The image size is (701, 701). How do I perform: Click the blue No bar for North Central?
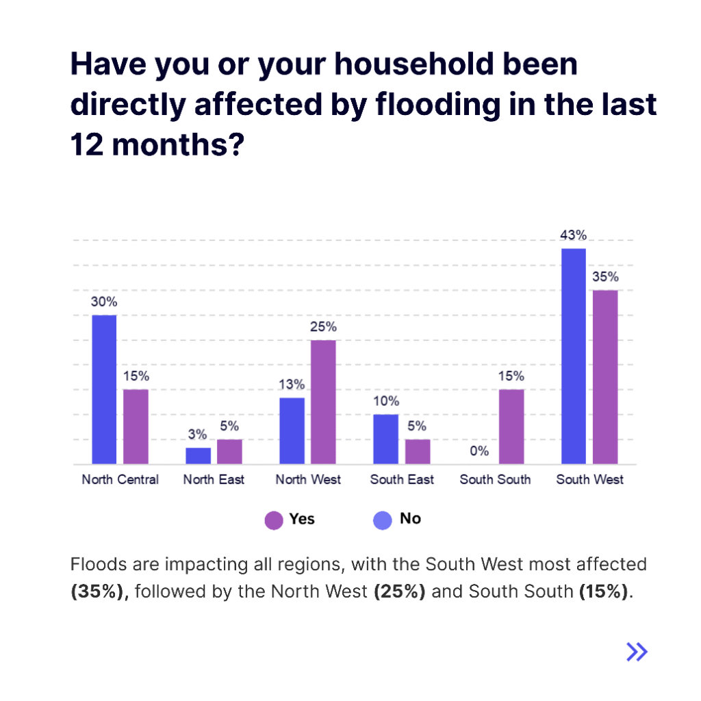tap(104, 390)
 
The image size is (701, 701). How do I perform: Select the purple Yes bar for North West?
tap(323, 402)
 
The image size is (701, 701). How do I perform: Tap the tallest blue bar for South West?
tap(574, 356)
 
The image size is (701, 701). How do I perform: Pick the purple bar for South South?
tap(511, 426)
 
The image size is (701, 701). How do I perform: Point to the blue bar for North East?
tap(199, 456)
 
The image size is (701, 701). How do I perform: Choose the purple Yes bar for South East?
tap(418, 452)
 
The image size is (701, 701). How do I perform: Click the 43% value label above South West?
tap(573, 235)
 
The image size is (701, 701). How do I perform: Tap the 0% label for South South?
tap(479, 451)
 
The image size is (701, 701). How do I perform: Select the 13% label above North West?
tap(292, 385)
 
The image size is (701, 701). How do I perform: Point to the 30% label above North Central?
tap(104, 302)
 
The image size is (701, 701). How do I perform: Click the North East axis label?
tap(214, 480)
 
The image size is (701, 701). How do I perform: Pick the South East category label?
tap(402, 480)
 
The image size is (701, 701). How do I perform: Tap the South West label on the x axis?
tap(589, 480)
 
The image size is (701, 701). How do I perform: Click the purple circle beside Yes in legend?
tap(274, 520)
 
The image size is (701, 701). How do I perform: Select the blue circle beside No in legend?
tap(382, 520)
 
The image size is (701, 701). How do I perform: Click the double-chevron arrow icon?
tap(637, 652)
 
